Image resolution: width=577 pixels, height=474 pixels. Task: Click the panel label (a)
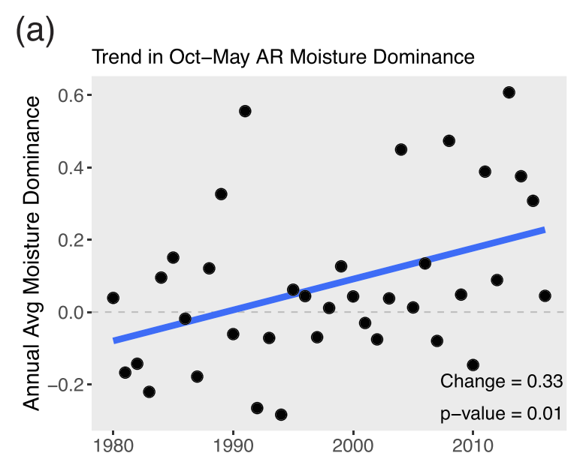(35, 33)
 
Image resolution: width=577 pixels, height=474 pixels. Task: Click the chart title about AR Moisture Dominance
(282, 58)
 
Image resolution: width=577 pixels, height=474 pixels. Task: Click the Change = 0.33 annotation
(501, 381)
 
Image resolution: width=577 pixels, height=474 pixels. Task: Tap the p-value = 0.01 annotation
(501, 414)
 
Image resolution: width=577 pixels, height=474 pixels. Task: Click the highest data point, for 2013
(509, 92)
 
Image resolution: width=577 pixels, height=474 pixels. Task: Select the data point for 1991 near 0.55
(245, 111)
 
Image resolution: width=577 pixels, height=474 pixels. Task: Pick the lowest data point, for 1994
(281, 415)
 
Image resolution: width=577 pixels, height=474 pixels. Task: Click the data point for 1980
(113, 298)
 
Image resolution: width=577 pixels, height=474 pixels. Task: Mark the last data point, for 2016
(545, 295)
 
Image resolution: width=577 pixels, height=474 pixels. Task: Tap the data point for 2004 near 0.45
(401, 149)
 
